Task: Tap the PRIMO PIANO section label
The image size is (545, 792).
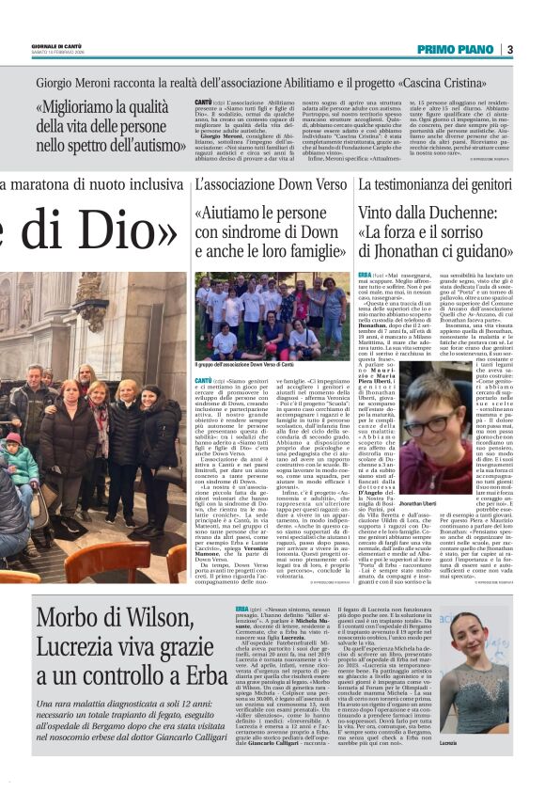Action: [457, 49]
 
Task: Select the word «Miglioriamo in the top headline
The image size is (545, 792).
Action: [82, 106]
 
